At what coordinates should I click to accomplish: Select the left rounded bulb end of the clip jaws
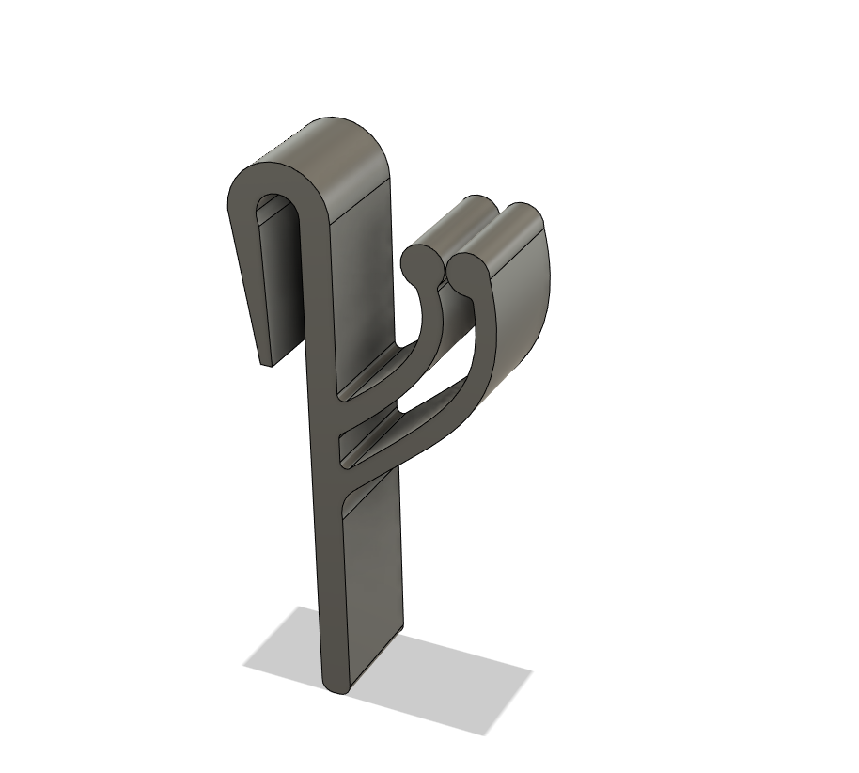click(415, 262)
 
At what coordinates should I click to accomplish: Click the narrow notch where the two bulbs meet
click(443, 281)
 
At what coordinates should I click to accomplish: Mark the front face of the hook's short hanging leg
click(247, 282)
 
